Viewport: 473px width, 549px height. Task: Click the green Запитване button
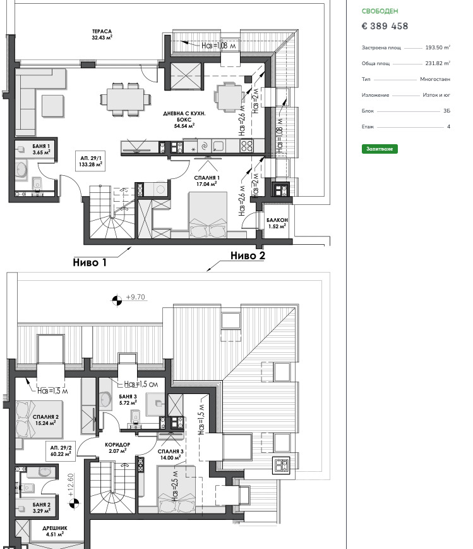(x=380, y=149)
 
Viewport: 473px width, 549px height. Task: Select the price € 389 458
(x=385, y=26)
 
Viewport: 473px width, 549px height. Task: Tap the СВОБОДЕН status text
(x=380, y=11)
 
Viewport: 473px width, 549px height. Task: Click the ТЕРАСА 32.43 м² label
(x=102, y=34)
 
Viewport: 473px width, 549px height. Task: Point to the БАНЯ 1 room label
(x=41, y=146)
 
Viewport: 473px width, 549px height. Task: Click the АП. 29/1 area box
(x=90, y=161)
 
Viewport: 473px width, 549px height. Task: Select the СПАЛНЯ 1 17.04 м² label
(x=207, y=181)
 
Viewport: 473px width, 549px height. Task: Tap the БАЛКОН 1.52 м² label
(x=277, y=223)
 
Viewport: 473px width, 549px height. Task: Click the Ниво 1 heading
(x=90, y=262)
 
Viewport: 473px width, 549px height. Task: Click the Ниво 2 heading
(x=248, y=256)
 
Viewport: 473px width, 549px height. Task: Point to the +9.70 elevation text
(x=135, y=297)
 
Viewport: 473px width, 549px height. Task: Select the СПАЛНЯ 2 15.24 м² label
(x=45, y=420)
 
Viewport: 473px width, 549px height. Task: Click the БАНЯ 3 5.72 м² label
(x=128, y=400)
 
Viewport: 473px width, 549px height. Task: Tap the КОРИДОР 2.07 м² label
(x=117, y=448)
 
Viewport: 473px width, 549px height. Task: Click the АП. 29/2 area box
(x=61, y=451)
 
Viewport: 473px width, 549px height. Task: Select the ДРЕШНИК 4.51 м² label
(x=55, y=531)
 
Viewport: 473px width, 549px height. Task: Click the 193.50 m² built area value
(x=438, y=47)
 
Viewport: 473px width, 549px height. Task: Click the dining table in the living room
(x=126, y=99)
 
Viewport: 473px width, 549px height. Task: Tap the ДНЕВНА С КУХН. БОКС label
(x=184, y=116)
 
